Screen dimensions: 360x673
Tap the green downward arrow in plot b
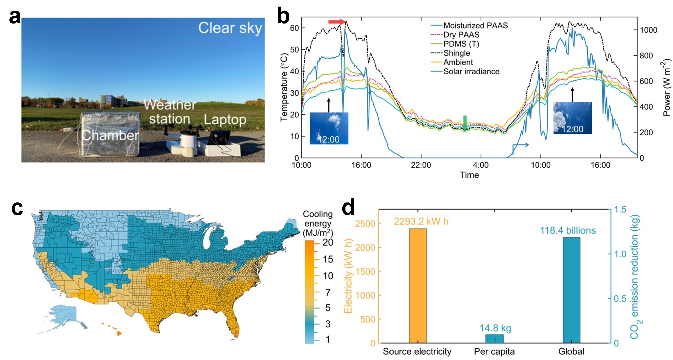(465, 123)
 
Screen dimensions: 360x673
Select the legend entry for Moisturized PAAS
(475, 25)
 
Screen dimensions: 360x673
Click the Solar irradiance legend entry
(471, 72)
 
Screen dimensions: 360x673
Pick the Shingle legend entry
(457, 53)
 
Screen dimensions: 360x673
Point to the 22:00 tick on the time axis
(421, 165)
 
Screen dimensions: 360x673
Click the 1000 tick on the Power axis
(649, 30)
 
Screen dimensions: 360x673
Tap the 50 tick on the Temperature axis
(294, 50)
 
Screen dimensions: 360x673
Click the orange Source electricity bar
(418, 286)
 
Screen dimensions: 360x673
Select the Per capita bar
(494, 339)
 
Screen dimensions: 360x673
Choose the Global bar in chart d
(571, 290)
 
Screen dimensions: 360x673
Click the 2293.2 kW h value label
(421, 222)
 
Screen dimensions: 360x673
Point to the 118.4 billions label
(568, 231)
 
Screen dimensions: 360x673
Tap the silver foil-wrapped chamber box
(110, 134)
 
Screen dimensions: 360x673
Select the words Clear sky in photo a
(230, 28)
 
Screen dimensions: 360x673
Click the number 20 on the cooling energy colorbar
(328, 242)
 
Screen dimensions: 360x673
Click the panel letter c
(17, 208)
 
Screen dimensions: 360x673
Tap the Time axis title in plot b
(469, 175)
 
